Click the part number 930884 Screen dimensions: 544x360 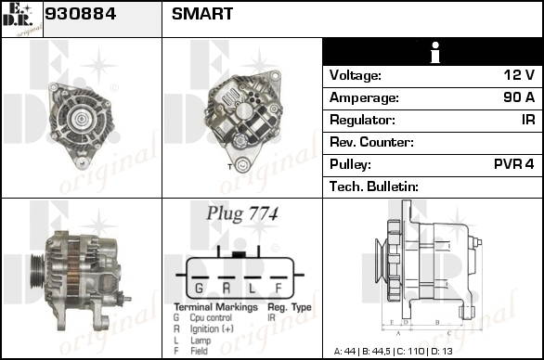click(80, 14)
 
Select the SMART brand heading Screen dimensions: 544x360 click(202, 14)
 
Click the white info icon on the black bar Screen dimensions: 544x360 click(435, 52)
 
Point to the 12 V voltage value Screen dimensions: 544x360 click(519, 74)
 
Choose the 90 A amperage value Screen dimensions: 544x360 click(519, 97)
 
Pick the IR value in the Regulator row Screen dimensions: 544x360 click(528, 120)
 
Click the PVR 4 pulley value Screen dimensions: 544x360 click(514, 163)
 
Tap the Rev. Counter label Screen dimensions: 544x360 click(371, 142)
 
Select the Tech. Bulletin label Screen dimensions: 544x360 click(374, 186)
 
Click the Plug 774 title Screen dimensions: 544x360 click(242, 213)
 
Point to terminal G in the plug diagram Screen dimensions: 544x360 click(199, 288)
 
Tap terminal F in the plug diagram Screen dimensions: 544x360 click(278, 288)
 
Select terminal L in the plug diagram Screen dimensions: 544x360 click(252, 288)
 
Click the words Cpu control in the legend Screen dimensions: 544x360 click(211, 317)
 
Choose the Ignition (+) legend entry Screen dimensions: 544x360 click(212, 328)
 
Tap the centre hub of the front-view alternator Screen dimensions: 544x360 click(81, 119)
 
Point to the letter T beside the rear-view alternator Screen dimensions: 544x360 click(229, 167)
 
